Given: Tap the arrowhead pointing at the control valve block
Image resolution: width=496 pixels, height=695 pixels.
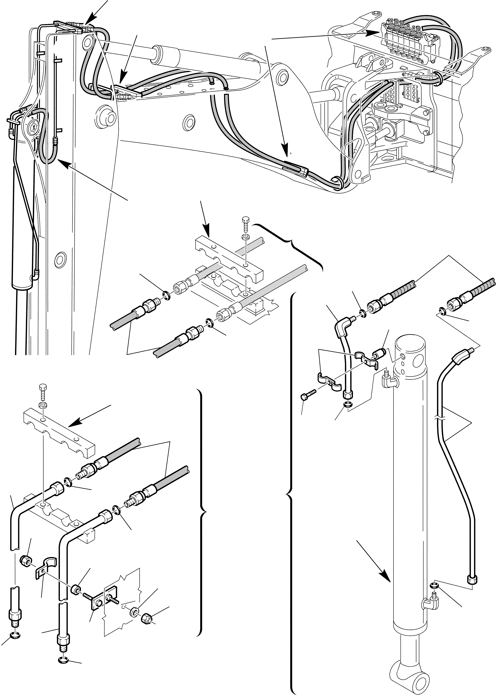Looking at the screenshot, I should (374, 32).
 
